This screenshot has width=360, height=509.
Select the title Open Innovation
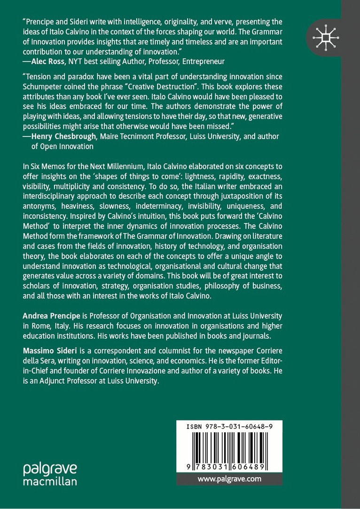tap(68, 146)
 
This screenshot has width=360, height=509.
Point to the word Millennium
tap(138, 166)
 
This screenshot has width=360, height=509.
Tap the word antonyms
tap(39, 206)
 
